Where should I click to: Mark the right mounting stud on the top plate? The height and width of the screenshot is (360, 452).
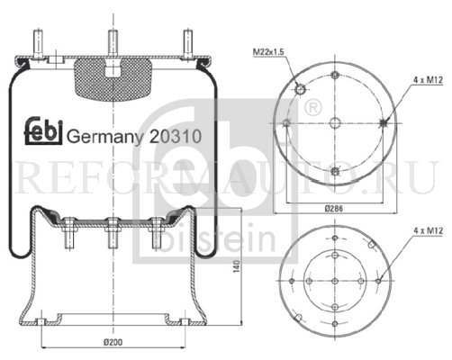point(185,44)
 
